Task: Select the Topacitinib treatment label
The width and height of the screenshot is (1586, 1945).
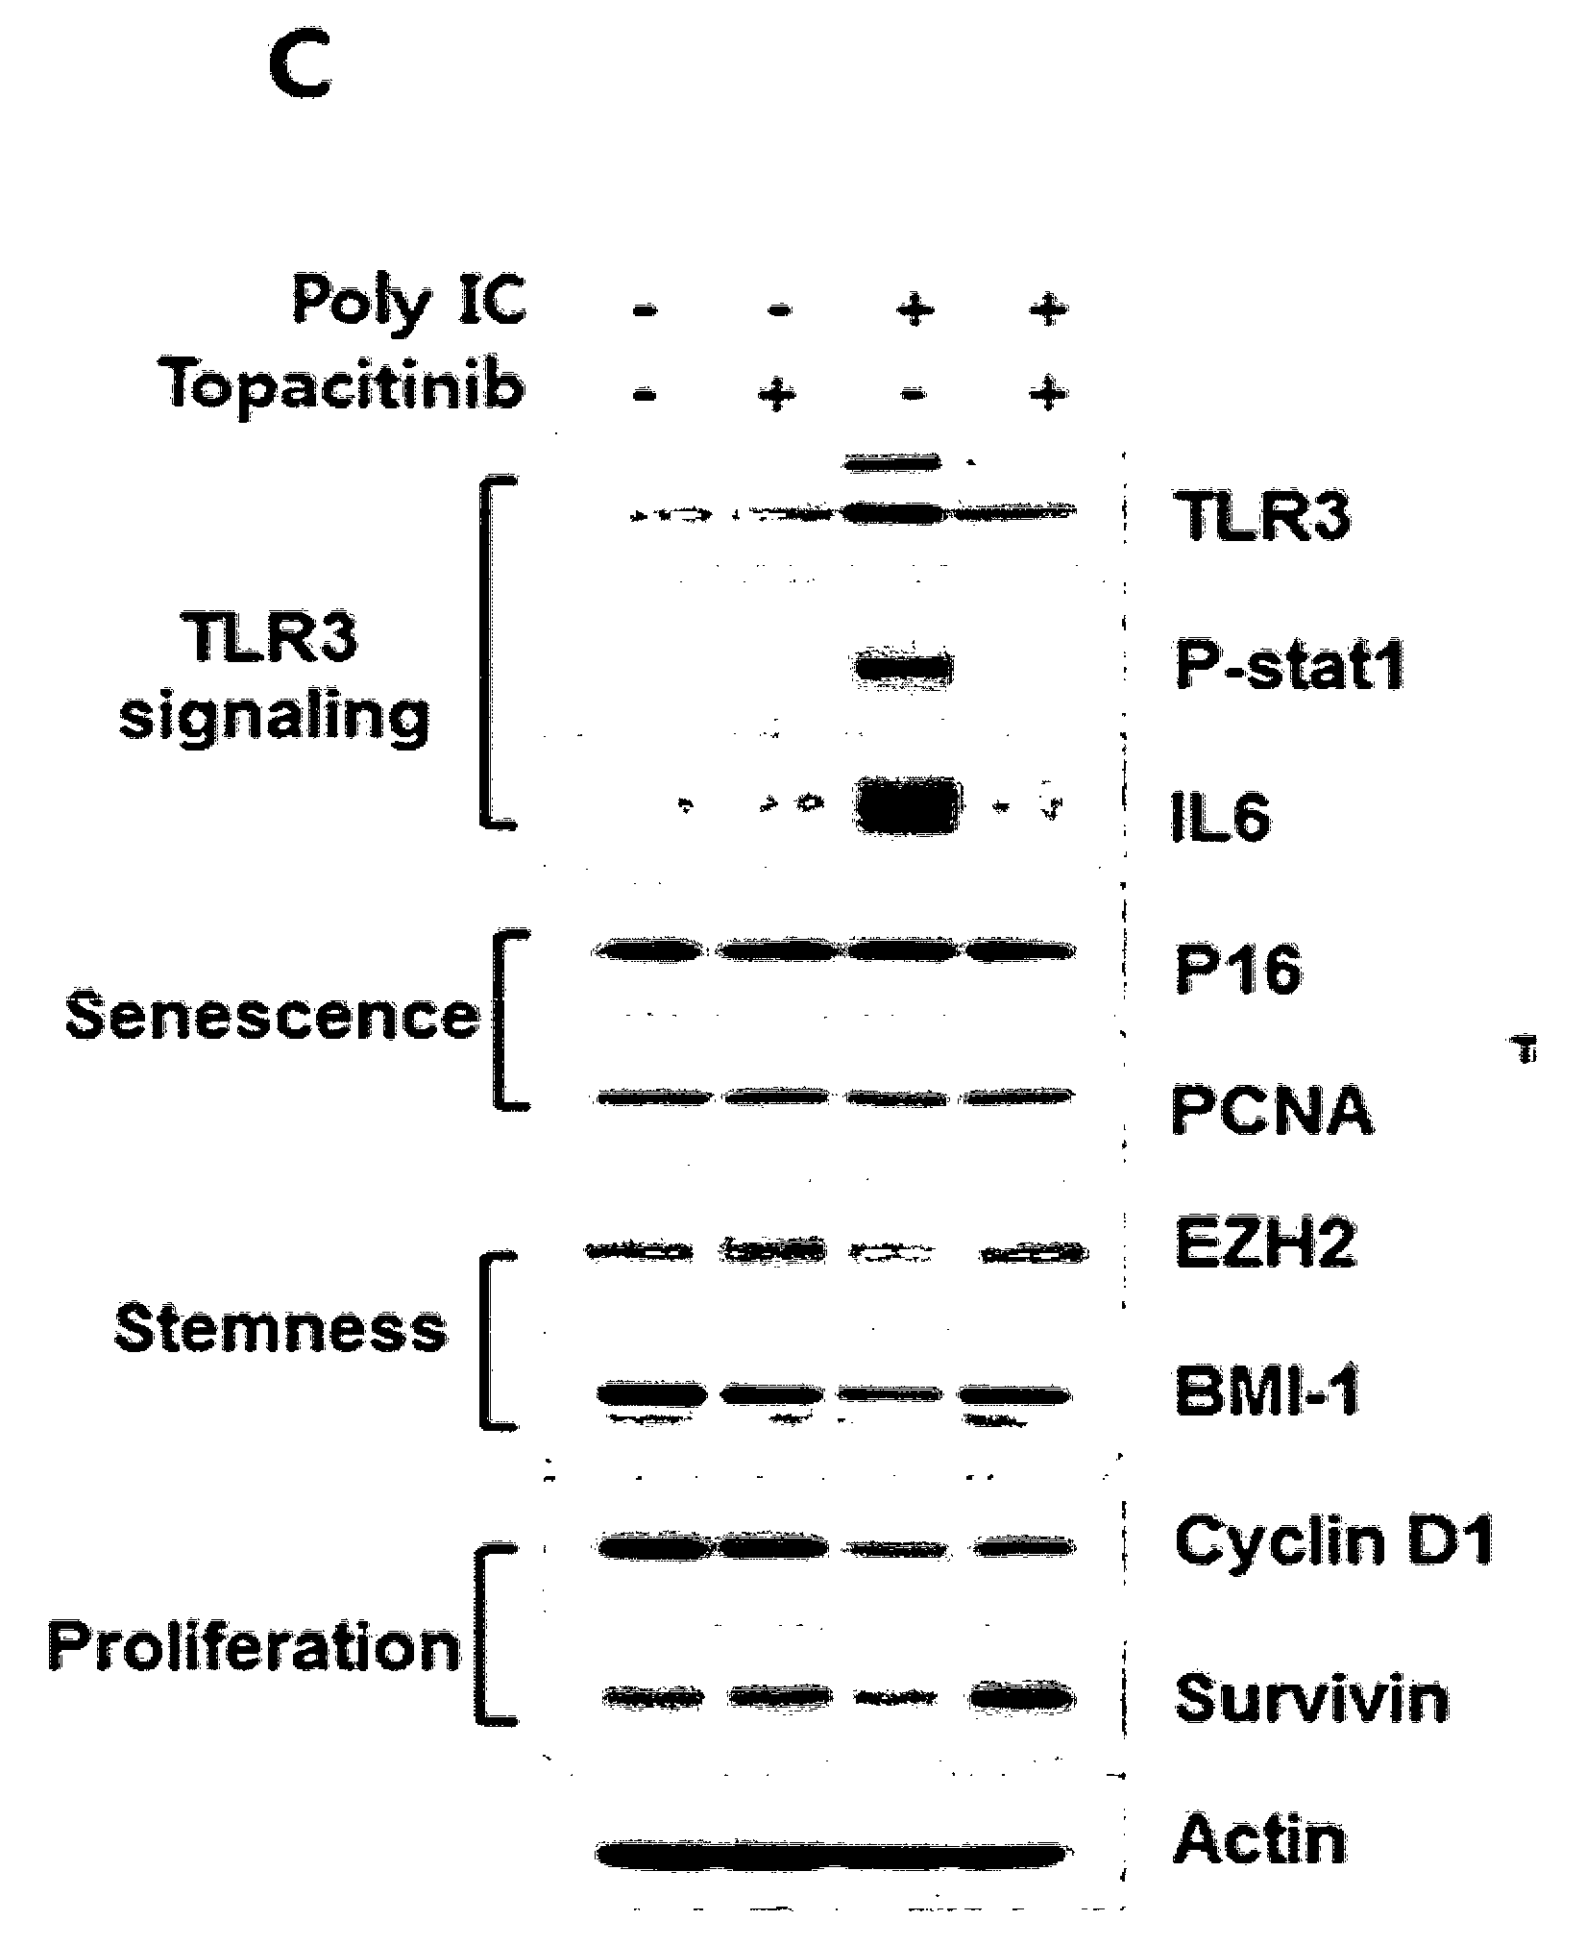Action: [347, 388]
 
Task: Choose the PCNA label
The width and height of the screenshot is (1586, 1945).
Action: [1272, 1111]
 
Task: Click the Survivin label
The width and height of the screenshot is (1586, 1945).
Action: [1311, 1697]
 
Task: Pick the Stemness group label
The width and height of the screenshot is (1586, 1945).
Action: [281, 1328]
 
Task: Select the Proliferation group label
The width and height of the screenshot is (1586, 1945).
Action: [255, 1646]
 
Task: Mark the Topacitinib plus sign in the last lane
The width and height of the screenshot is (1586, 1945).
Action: [1048, 393]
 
